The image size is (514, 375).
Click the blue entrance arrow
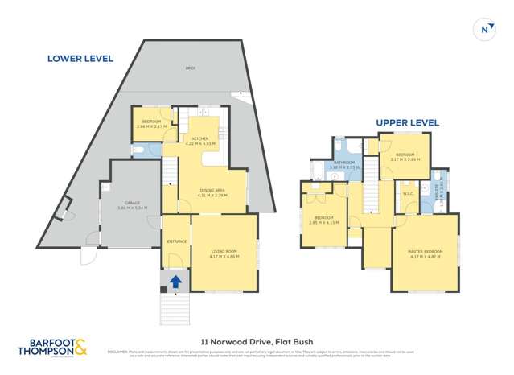coord(175,281)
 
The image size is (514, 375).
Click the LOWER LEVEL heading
coord(80,58)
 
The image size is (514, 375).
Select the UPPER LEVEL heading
coord(407,122)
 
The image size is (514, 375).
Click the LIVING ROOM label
coord(224,251)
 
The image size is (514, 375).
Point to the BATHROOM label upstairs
coord(345,163)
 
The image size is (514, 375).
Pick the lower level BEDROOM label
coord(151,122)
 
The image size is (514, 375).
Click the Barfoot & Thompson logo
coord(51,347)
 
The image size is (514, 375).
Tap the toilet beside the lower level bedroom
coord(138,150)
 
